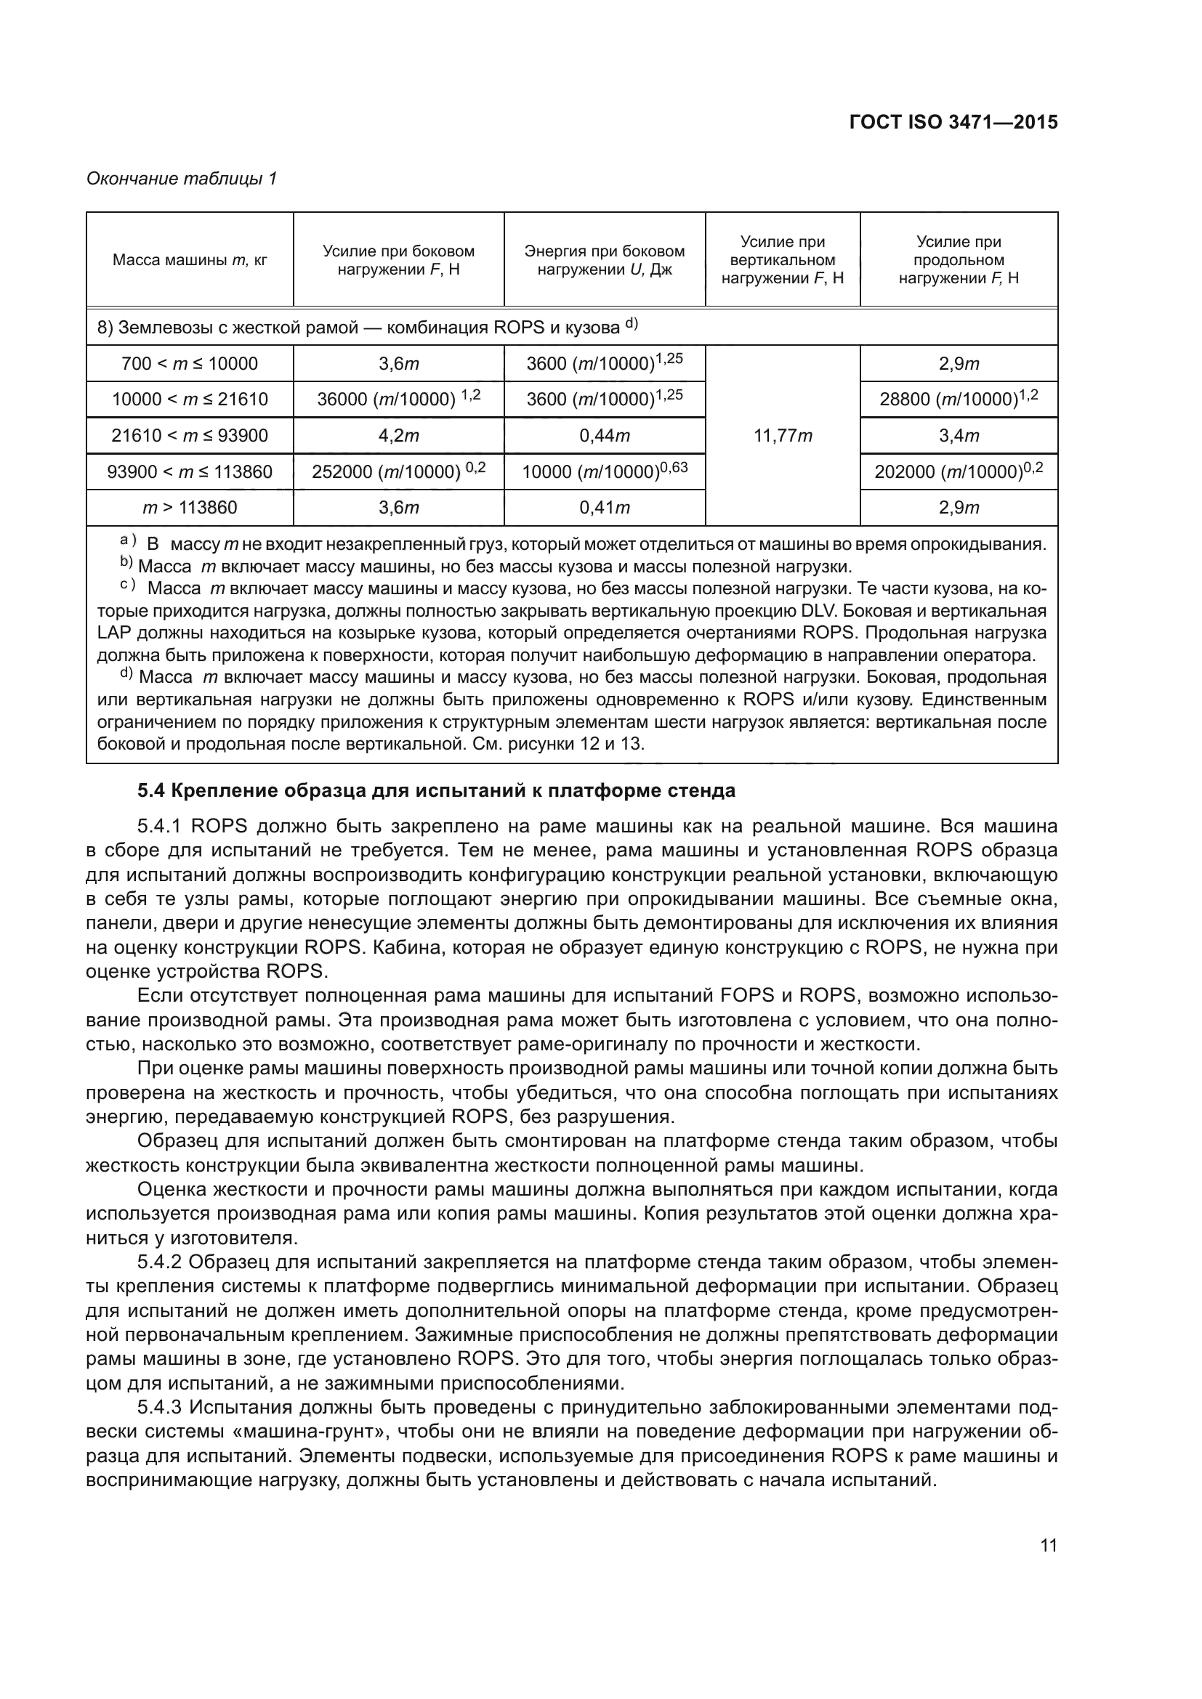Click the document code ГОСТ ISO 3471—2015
[953, 122]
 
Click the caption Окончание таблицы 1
[182, 179]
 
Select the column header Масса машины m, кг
[190, 260]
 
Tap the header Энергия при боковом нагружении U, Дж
[604, 260]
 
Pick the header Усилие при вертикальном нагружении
[783, 260]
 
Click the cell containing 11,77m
[783, 436]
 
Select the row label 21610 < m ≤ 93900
[190, 436]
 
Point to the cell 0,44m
[604, 436]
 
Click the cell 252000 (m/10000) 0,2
[398, 471]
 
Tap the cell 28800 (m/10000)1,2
[959, 399]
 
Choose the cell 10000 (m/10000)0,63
[604, 471]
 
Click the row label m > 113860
[190, 508]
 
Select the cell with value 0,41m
[604, 508]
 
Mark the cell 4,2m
[398, 436]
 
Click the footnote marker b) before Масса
[126, 565]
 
